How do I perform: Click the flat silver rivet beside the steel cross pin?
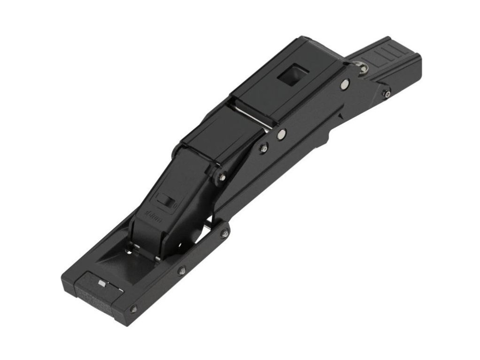coord(281,134)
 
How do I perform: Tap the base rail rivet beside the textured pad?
coord(134,308)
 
